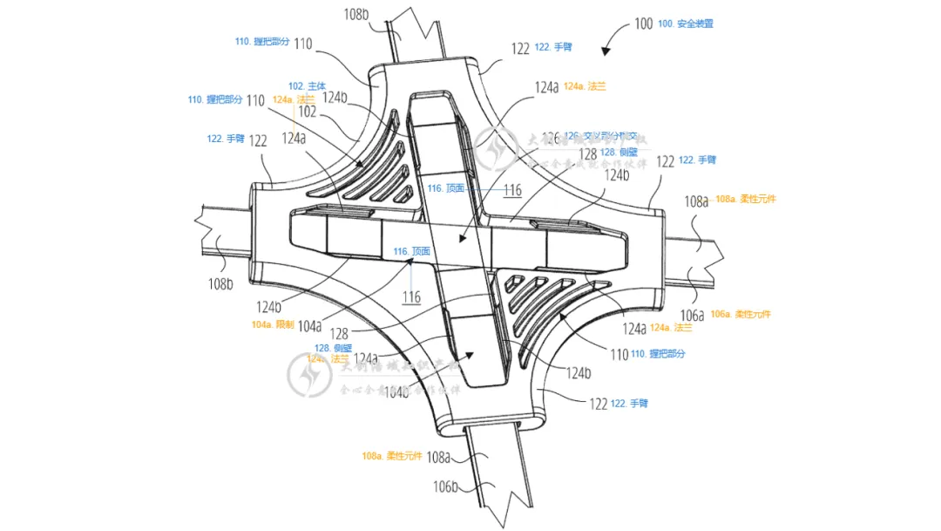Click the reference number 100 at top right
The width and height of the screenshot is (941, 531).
tap(643, 24)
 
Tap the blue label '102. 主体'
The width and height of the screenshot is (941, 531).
tap(307, 86)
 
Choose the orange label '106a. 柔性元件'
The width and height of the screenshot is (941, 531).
tap(741, 314)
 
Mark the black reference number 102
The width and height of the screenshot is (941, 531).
tap(307, 111)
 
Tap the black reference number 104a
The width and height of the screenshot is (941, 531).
tap(309, 325)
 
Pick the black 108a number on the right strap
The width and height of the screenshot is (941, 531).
tap(696, 201)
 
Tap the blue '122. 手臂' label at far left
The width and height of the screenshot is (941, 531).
tap(226, 139)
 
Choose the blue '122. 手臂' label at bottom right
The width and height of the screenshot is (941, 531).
tap(631, 403)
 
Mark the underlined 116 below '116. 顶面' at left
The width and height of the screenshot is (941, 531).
tap(412, 297)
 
